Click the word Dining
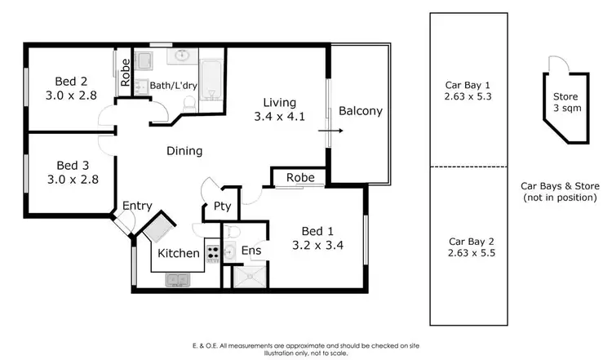[184, 151]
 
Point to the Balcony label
[360, 111]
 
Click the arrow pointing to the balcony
[330, 130]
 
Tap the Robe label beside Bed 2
[126, 73]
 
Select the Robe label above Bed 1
[299, 178]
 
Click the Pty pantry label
[222, 207]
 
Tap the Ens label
[251, 251]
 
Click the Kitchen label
[179, 253]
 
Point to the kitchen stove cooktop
[212, 253]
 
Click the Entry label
[138, 206]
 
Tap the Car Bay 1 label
[467, 84]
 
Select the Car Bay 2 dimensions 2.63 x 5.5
[472, 253]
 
